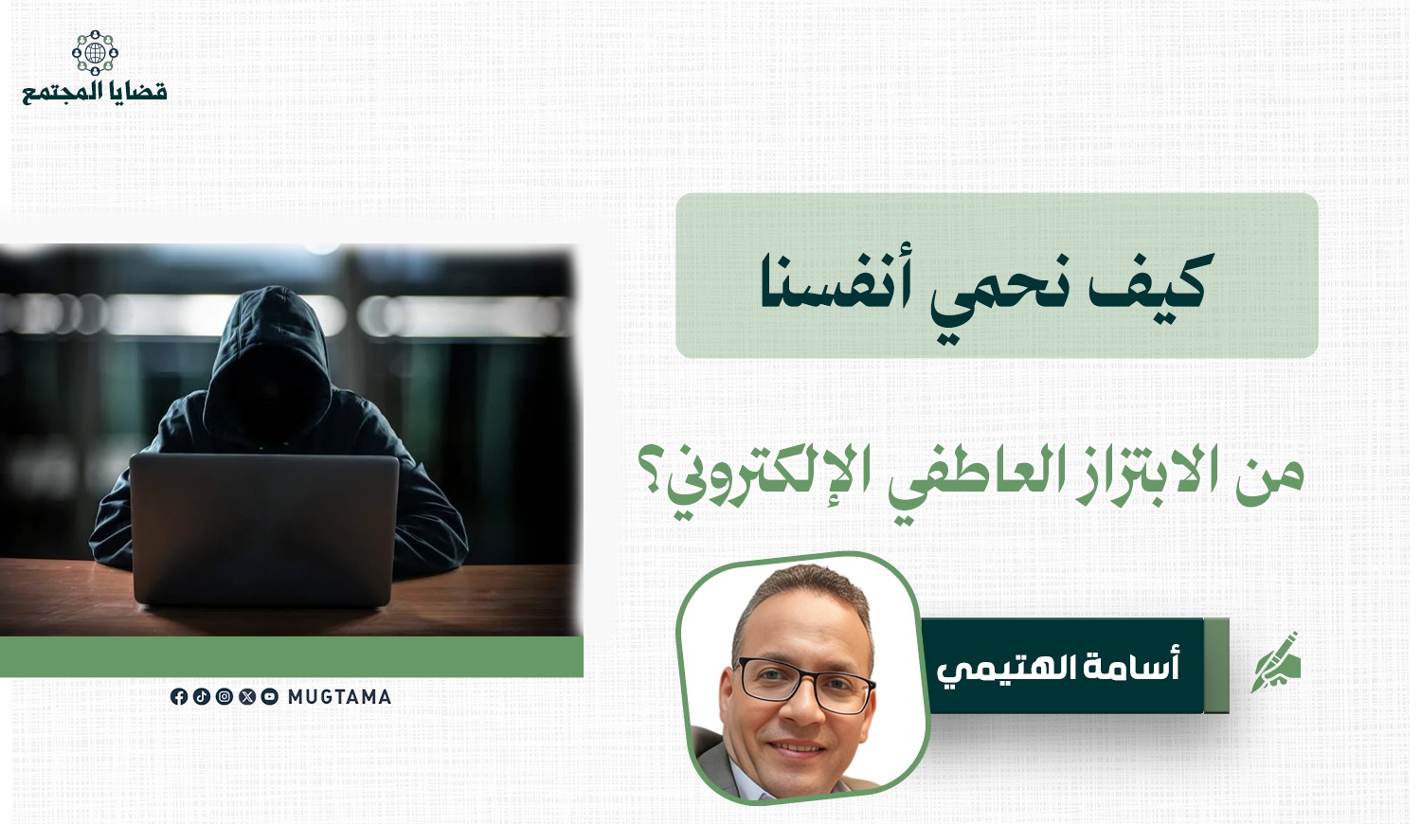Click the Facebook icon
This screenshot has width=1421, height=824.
click(x=180, y=696)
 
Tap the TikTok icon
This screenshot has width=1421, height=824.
click(x=202, y=696)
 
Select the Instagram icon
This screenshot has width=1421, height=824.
click(x=225, y=696)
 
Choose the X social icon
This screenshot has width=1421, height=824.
click(x=247, y=696)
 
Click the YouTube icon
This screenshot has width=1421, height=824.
click(x=270, y=696)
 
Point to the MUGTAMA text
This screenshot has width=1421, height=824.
click(x=339, y=696)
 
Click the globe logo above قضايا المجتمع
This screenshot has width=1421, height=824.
click(x=95, y=53)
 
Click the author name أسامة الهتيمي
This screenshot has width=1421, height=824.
click(x=1058, y=668)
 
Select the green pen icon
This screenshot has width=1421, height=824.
click(x=1277, y=662)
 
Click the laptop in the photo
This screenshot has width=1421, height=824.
click(x=264, y=529)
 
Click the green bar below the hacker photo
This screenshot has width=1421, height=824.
click(x=291, y=656)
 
